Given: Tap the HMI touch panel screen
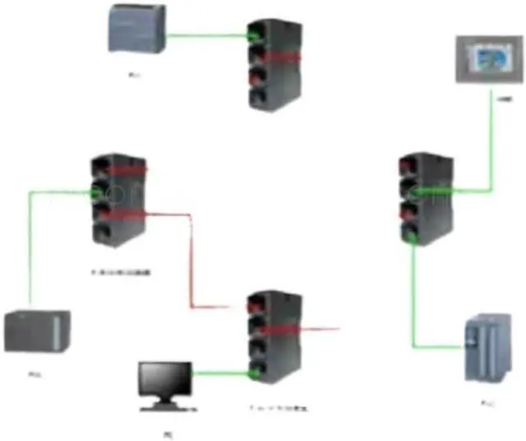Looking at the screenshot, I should [488, 60].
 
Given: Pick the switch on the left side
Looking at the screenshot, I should [116, 199].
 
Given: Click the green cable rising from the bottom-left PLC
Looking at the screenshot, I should [30, 255].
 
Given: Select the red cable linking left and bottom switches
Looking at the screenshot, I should [192, 263].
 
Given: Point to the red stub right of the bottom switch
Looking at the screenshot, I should [321, 329].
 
